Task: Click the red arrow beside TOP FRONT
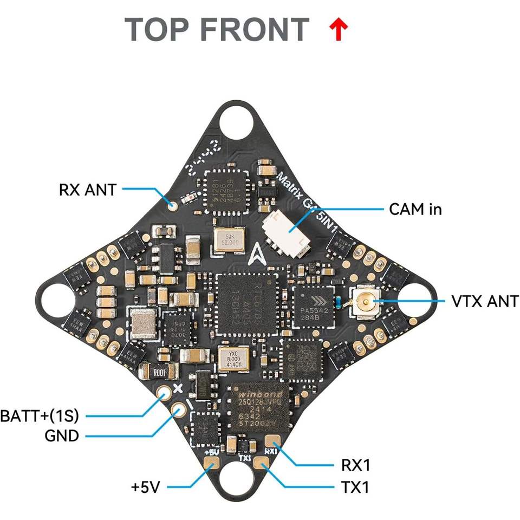[339, 30]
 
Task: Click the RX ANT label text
[87, 190]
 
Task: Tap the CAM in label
[415, 209]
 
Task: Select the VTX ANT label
[484, 301]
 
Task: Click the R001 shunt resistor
[159, 372]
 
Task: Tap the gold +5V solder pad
[211, 464]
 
